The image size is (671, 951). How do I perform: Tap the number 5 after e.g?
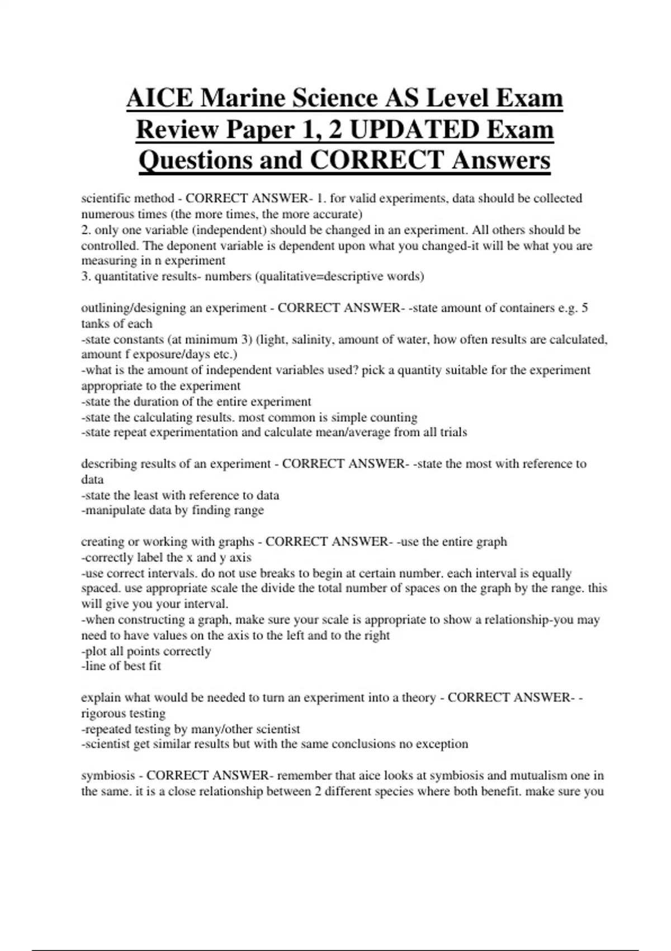tap(584, 308)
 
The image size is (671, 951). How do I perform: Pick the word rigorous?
tap(103, 714)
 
